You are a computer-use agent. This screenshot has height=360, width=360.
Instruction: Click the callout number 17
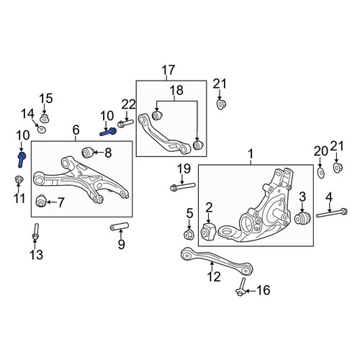168,70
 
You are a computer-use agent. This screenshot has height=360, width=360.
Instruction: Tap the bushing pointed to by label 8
88,153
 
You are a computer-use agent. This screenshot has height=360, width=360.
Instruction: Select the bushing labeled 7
40,201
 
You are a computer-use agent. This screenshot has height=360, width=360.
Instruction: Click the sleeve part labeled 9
120,226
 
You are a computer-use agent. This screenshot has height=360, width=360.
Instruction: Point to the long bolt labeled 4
332,213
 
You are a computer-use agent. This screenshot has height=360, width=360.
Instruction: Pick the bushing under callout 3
302,217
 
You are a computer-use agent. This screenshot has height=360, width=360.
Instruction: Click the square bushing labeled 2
208,231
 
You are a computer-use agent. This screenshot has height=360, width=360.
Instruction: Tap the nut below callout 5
189,235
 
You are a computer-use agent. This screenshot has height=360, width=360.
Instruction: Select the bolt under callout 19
183,186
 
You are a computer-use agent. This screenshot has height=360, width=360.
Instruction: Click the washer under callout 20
321,173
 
